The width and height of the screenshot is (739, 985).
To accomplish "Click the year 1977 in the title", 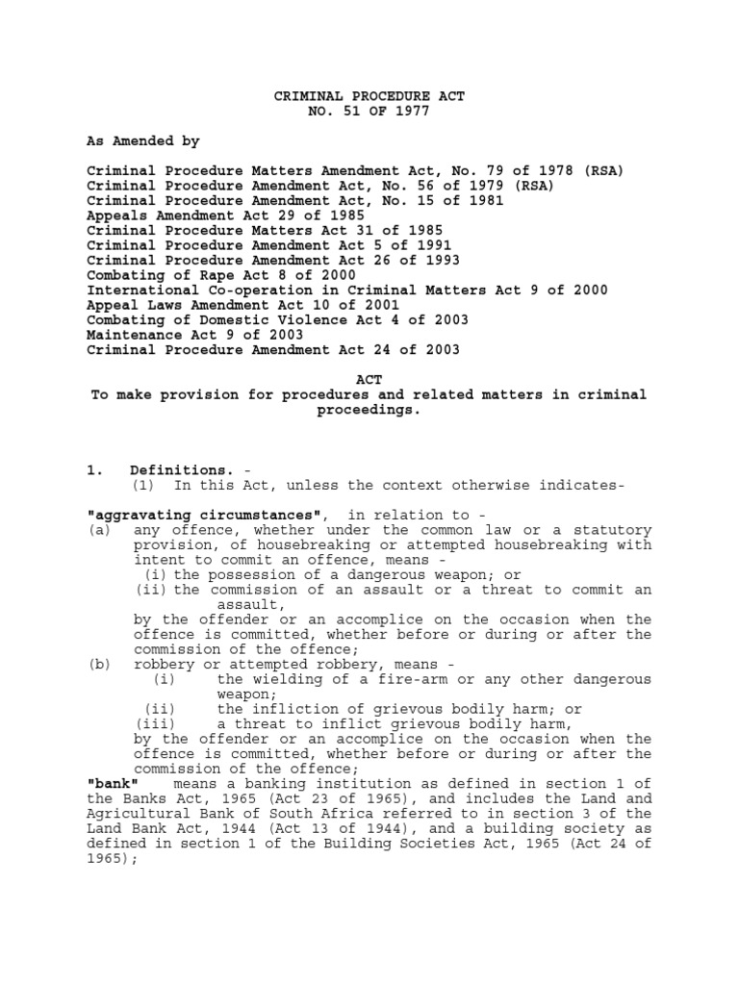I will [x=409, y=112].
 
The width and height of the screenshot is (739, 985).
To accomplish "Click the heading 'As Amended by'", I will [x=143, y=140].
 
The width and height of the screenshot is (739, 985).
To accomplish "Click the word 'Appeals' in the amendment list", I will [x=115, y=215].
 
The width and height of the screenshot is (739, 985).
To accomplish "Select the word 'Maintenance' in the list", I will [x=127, y=335].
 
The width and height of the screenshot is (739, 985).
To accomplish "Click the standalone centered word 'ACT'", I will [x=369, y=380].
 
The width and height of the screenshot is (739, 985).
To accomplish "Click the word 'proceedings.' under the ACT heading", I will [x=369, y=410].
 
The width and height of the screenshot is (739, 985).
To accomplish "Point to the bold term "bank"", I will [x=112, y=783].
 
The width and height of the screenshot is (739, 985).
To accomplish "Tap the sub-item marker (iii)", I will [x=156, y=723].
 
